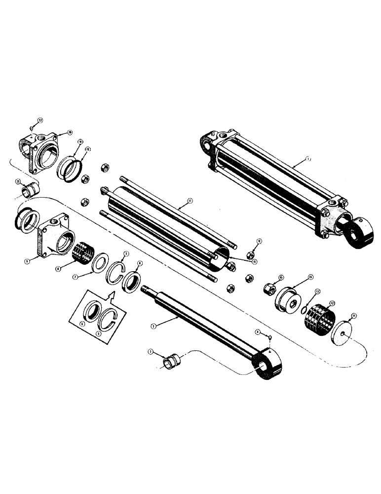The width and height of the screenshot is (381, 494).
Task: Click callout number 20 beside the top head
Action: [x=70, y=133]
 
